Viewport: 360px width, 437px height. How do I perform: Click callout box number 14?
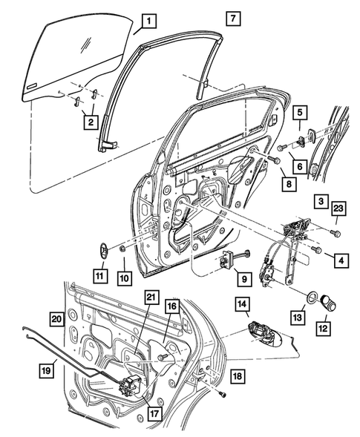tap(242, 303)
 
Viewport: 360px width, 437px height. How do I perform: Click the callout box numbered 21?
tap(151, 298)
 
